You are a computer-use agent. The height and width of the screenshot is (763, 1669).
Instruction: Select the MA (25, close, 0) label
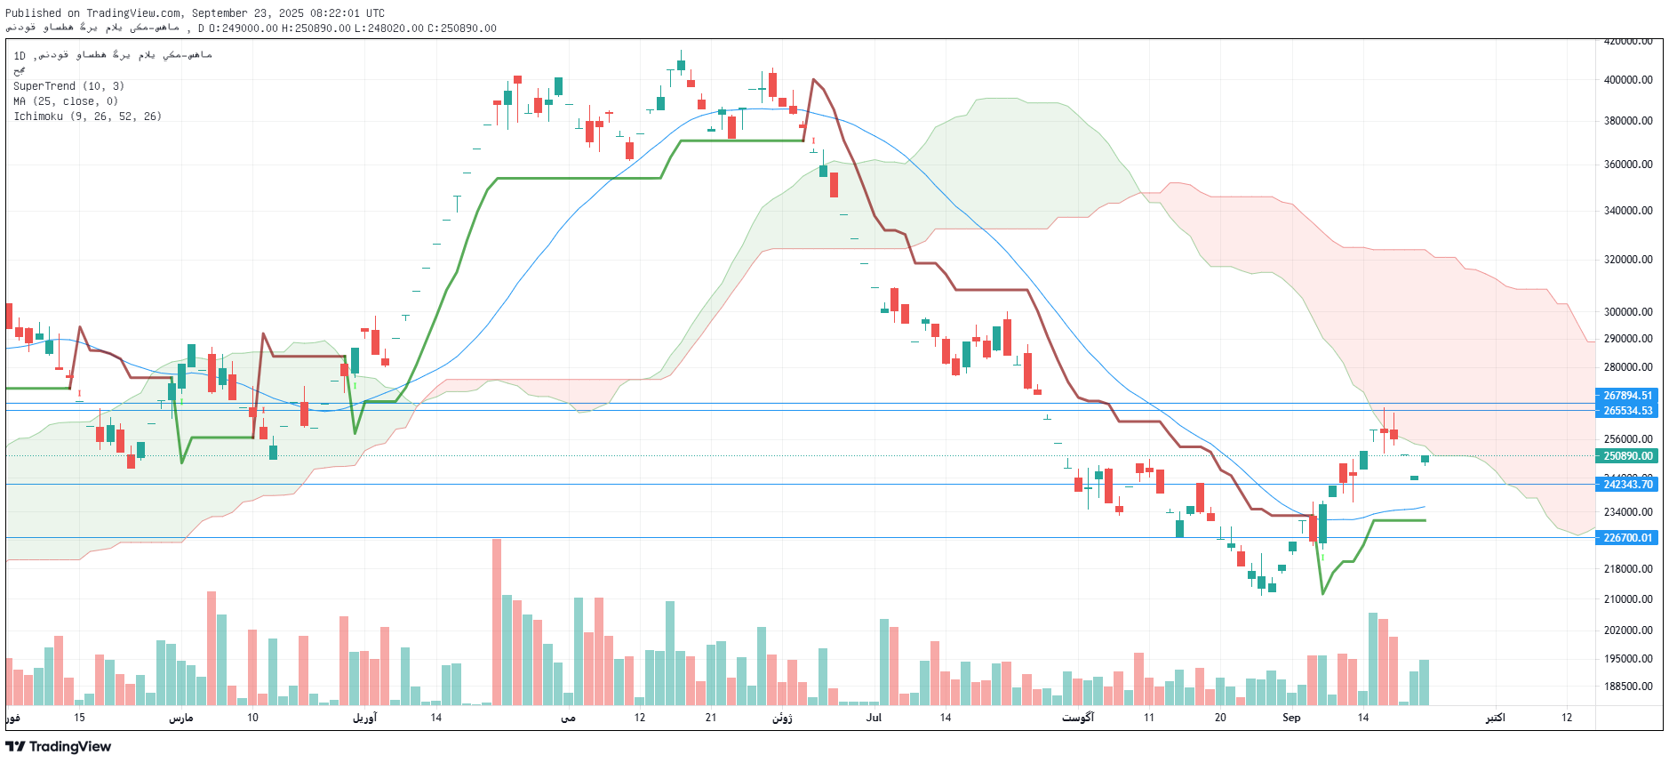click(66, 101)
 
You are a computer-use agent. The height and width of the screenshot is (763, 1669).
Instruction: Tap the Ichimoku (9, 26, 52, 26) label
click(87, 116)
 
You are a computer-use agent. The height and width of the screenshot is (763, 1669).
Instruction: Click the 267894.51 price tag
click(1627, 396)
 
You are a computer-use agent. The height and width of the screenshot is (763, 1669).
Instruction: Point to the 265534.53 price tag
click(1627, 411)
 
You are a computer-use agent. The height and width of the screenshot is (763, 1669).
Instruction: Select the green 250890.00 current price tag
click(1627, 456)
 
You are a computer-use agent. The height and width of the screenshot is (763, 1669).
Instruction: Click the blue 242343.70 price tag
click(1627, 485)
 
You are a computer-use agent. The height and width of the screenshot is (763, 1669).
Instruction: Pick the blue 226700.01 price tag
click(1627, 538)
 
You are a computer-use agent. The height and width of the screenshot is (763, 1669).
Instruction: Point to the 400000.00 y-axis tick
click(1628, 80)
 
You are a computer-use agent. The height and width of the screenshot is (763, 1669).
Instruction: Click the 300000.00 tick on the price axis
click(1628, 312)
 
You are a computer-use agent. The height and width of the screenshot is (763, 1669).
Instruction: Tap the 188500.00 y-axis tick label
click(1628, 687)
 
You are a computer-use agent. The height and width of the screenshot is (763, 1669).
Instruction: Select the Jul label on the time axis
click(874, 718)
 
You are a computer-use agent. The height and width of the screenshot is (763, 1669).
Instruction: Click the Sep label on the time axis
click(1291, 718)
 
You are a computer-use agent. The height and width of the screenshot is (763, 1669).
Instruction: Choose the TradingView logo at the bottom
click(59, 747)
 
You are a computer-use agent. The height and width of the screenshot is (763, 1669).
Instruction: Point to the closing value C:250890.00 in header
click(462, 28)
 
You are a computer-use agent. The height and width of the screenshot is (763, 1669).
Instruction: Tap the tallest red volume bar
click(497, 622)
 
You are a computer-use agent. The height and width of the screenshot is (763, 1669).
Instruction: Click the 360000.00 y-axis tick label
click(1628, 165)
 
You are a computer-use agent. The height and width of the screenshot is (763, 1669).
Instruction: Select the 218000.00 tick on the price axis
click(1628, 569)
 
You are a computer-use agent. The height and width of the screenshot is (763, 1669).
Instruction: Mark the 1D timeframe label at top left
click(20, 56)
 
